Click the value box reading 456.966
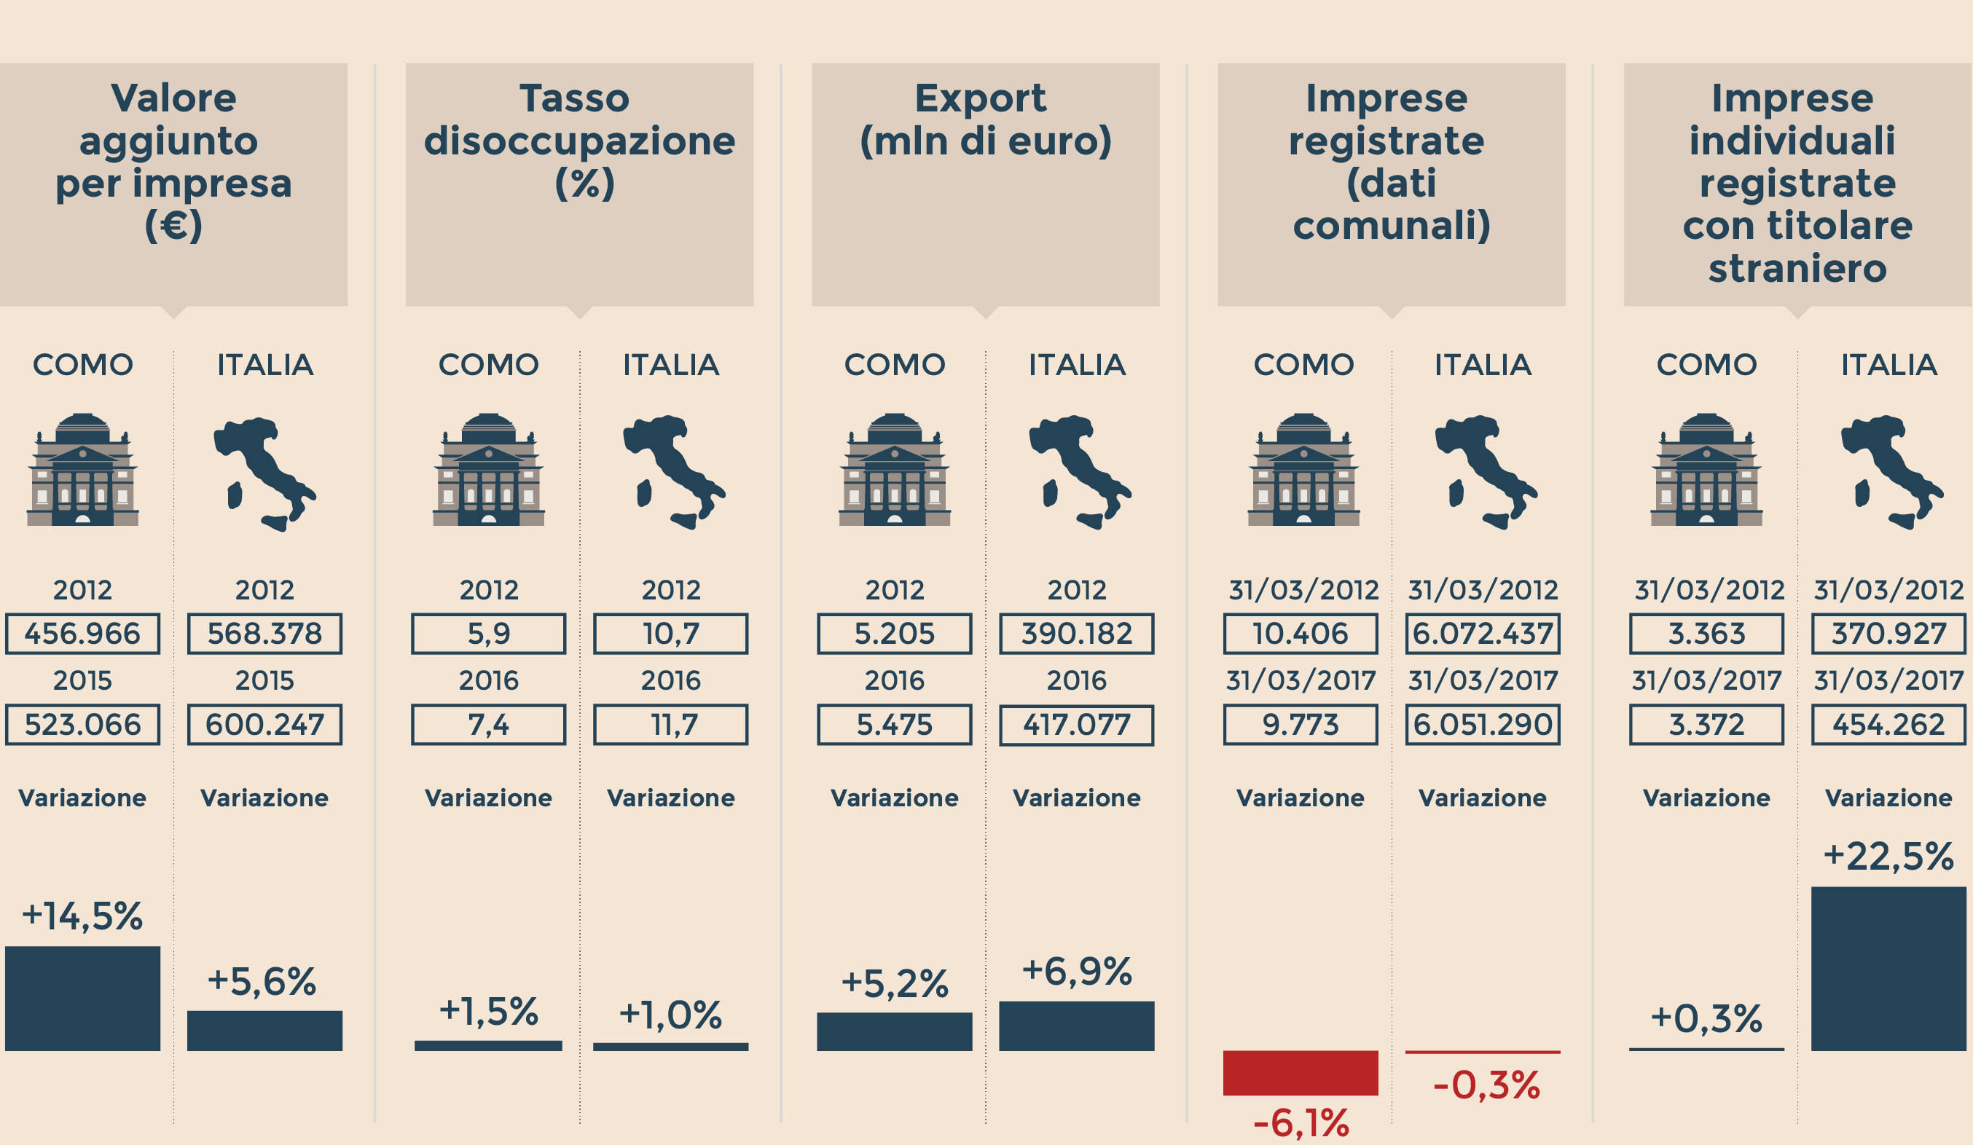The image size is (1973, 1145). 82,633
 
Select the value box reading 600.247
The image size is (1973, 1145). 264,725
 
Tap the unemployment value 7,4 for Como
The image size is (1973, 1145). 489,725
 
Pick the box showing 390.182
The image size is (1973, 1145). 1077,633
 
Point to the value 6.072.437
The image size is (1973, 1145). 1482,633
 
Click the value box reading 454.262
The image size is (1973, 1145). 1888,725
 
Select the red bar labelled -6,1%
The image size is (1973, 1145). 1301,1072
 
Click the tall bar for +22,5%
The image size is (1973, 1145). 1888,968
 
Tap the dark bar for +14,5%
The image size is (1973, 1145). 82,998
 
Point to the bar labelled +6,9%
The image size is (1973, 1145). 1077,1026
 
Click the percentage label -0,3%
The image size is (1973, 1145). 1486,1085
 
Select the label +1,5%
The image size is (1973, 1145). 489,1011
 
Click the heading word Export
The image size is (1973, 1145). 980,98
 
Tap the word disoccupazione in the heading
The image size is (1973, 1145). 579,141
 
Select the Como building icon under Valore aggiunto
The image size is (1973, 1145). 82,470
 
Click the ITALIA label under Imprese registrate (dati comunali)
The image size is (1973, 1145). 1483,365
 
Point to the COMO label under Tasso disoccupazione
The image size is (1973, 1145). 489,365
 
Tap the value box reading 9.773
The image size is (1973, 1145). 1301,725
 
